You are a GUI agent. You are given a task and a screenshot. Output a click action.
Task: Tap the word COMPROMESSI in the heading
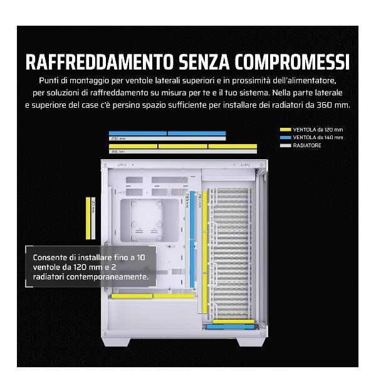pos(293,63)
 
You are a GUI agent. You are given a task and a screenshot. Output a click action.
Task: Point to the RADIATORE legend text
pos(307,145)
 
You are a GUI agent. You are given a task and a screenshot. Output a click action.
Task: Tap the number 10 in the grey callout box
pos(140,258)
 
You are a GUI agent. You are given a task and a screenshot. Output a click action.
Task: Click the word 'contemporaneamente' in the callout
pos(109,276)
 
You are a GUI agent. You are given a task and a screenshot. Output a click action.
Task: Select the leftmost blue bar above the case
pos(138,133)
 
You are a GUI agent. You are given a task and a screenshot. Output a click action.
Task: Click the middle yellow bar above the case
pos(182,146)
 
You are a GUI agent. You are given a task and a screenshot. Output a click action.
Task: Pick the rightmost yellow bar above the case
pos(232,146)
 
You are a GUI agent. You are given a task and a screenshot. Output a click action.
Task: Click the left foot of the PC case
pos(119,342)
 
